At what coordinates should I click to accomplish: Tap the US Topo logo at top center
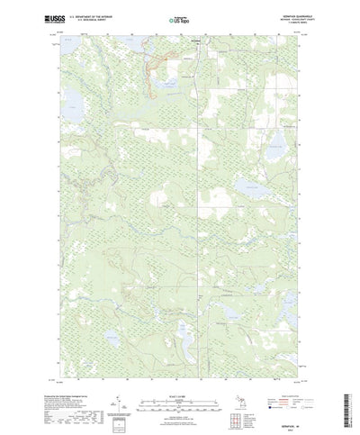tap(179, 18)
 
